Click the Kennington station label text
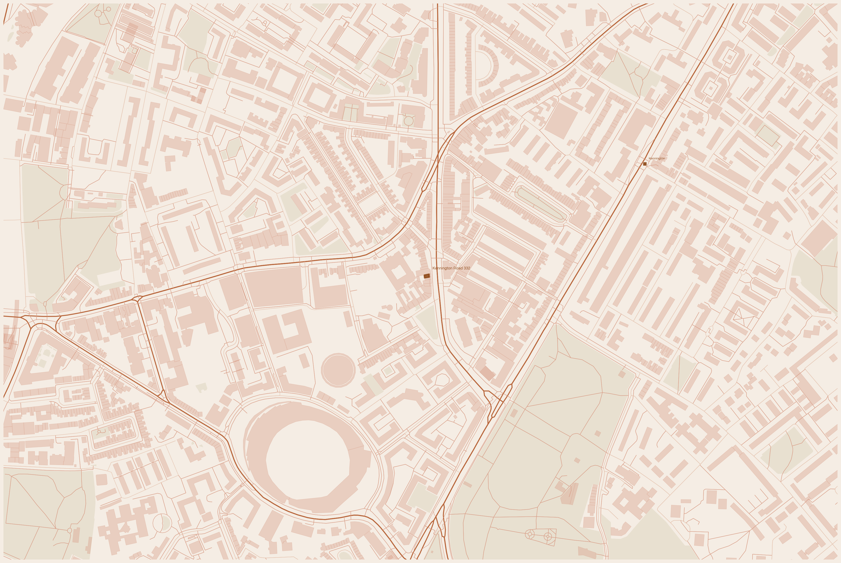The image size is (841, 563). click(x=657, y=158)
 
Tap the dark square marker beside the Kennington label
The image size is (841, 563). click(x=645, y=164)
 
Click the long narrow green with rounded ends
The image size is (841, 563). click(x=541, y=203)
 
